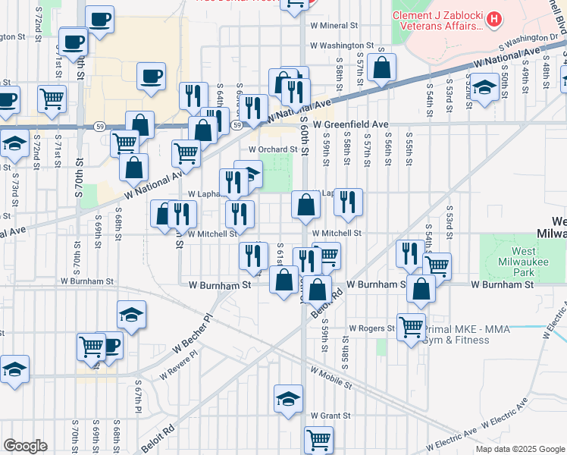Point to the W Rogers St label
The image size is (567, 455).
(371, 328)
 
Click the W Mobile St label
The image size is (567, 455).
(330, 376)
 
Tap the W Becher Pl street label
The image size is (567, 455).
(193, 335)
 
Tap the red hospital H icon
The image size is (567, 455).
(494, 18)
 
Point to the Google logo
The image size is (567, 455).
(25, 446)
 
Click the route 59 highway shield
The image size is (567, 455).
(238, 124)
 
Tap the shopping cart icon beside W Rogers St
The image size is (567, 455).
(411, 327)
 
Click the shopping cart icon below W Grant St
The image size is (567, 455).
(318, 438)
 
